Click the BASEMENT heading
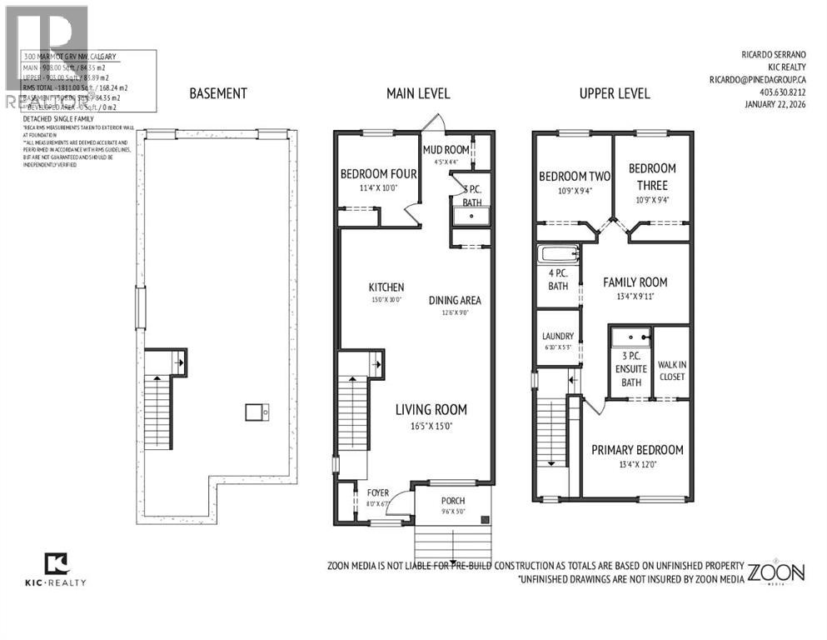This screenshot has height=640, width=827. [x=217, y=93]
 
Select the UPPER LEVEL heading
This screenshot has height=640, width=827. [x=614, y=93]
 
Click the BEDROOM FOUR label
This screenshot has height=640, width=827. [x=377, y=174]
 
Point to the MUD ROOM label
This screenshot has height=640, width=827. [x=446, y=150]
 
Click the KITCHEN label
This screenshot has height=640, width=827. [x=386, y=287]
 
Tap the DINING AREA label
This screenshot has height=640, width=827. [x=455, y=301]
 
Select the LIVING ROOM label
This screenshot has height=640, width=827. [x=431, y=409]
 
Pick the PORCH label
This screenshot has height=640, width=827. [x=454, y=500]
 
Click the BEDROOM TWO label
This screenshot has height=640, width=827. [x=575, y=177]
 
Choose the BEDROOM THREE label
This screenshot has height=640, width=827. [x=652, y=175]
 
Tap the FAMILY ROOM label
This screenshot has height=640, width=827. [x=635, y=282]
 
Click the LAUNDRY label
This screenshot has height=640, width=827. [x=557, y=336]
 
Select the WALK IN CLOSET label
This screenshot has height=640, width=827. [x=671, y=371]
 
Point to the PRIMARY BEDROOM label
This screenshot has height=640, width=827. [x=637, y=450]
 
